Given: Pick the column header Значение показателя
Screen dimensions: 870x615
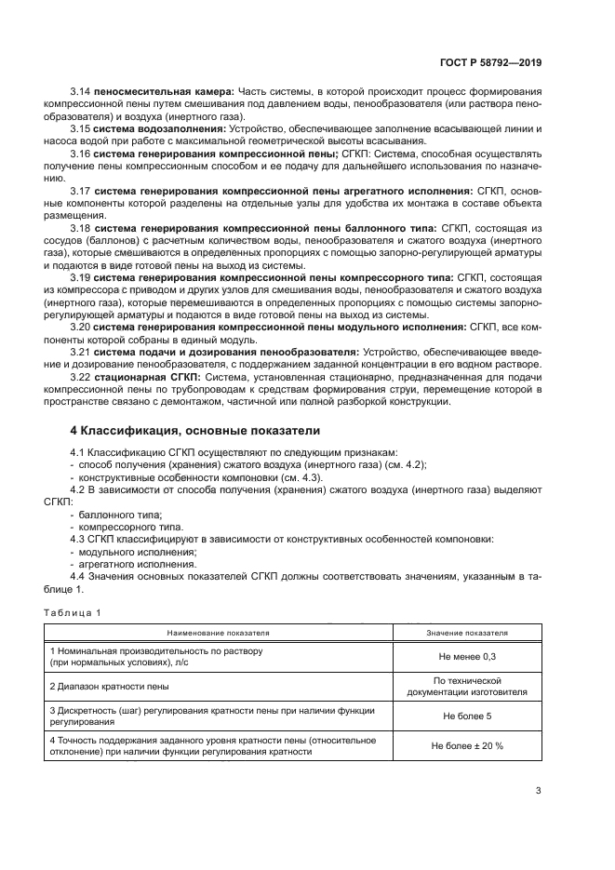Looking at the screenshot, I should coord(467,633).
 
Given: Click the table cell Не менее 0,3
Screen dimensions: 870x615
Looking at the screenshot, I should coord(467,656).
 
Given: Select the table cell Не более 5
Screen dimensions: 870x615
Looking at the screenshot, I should coord(467,716).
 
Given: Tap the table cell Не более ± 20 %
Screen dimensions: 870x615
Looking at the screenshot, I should coord(467,745).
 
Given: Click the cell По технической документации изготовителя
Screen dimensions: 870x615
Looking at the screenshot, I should coord(467,686).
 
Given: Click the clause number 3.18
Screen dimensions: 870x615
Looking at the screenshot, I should coord(82,227).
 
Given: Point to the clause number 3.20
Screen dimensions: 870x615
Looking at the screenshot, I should coord(82,328).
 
